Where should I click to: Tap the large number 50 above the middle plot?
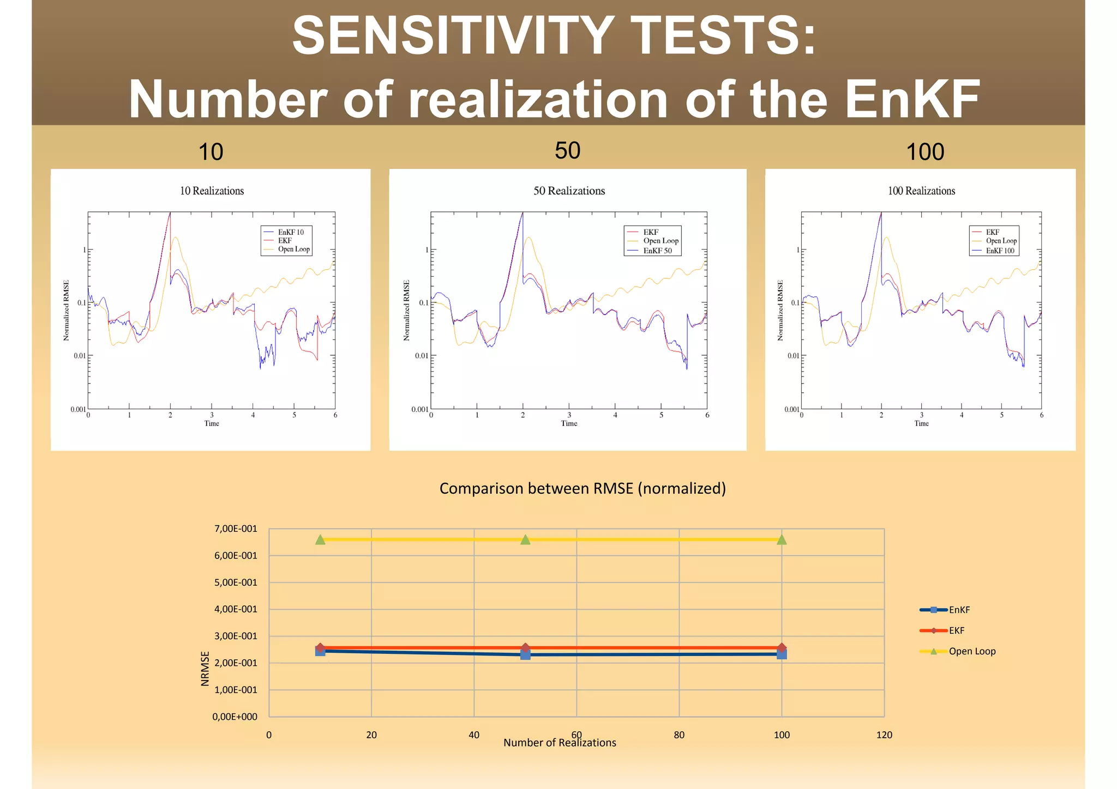coord(567,150)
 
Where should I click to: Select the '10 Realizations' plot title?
coord(212,191)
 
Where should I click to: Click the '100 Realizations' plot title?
coord(921,191)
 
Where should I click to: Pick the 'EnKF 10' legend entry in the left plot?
coord(290,232)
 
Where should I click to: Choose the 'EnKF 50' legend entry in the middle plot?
coord(657,251)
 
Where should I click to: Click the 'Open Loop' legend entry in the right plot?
coord(1001,241)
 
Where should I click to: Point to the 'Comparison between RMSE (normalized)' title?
coord(582,488)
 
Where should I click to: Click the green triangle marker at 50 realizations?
coord(525,539)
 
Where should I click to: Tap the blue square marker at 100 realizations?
coord(782,654)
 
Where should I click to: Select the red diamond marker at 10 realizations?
coord(320,647)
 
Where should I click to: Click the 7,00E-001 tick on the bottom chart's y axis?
coord(236,529)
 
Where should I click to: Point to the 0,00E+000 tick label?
coord(235,717)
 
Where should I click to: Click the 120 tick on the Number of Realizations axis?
coord(884,735)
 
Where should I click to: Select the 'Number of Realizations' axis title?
coord(560,743)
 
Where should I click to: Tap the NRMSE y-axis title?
coord(205,669)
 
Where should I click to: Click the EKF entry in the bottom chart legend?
coord(956,630)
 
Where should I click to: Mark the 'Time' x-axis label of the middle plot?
coord(569,423)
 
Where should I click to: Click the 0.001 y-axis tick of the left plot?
coord(78,409)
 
